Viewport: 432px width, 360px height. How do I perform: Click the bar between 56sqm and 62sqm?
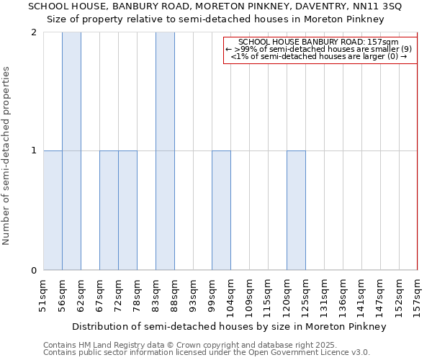point(71,151)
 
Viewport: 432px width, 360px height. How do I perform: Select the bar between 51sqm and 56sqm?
point(53,210)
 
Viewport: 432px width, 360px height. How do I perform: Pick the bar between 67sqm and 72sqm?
point(109,210)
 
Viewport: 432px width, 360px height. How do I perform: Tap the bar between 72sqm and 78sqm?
point(127,210)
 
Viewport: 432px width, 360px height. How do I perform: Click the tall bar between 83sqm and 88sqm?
point(165,151)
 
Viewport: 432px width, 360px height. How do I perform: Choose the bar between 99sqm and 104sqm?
point(221,210)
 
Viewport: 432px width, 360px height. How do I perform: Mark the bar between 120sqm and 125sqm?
point(296,210)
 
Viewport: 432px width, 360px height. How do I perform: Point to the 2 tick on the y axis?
point(34,32)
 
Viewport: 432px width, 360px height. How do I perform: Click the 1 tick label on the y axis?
point(34,150)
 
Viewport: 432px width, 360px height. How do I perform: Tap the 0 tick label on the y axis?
point(34,271)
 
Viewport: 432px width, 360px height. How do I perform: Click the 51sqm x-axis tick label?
point(43,294)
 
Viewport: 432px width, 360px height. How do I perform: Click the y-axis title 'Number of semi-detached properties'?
point(8,155)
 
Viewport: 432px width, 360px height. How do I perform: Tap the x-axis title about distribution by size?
point(230,326)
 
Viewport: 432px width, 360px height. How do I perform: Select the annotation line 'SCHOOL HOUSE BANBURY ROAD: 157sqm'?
point(320,42)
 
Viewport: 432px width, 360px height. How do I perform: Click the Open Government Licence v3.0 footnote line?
point(207,353)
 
